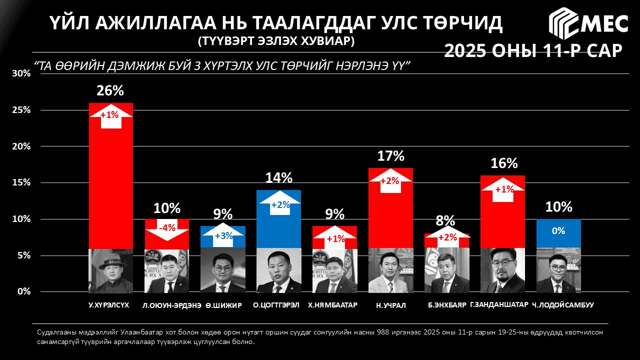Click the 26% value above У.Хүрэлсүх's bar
tap(110, 90)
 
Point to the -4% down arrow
tap(167, 228)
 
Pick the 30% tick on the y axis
tap(21, 74)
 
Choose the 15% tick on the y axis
tap(21, 183)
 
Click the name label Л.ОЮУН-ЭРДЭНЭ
tap(171, 305)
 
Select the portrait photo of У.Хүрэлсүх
tap(110, 270)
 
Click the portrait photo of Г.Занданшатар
tap(502, 270)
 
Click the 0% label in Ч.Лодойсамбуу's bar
tap(558, 231)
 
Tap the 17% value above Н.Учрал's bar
tap(390, 156)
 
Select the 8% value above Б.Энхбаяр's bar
tap(445, 221)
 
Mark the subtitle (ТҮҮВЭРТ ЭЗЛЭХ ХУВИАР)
tap(276, 41)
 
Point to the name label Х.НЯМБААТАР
tap(334, 305)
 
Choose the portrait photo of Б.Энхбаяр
tap(446, 270)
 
